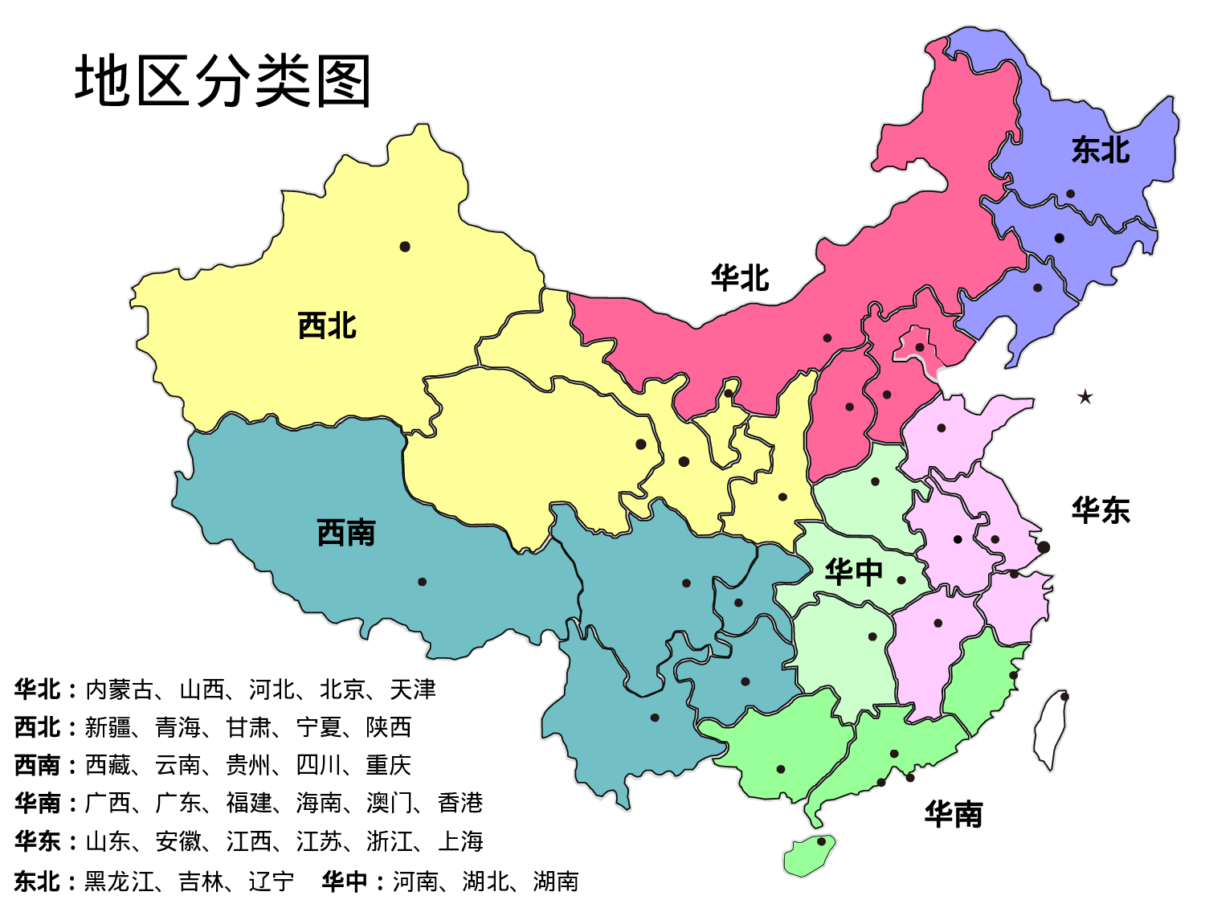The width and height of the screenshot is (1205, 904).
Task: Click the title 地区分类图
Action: [223, 81]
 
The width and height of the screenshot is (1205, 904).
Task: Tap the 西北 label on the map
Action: [327, 326]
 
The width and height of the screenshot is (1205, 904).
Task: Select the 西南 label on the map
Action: [346, 533]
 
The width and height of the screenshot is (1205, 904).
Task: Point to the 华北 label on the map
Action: [740, 279]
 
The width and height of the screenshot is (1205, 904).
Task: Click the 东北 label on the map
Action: [1101, 150]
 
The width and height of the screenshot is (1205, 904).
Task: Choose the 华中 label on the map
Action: [854, 572]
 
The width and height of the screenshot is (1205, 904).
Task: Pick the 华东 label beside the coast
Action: [1101, 511]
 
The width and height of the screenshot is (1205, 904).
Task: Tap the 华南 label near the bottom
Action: [954, 815]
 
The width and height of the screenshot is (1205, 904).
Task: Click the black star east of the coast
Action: [1085, 397]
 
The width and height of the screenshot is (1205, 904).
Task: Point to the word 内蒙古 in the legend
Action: [119, 689]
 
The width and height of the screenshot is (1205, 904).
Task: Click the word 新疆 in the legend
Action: [108, 727]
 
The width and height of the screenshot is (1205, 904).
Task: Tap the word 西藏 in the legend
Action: [108, 765]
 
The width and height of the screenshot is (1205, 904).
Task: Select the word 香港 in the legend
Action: [460, 803]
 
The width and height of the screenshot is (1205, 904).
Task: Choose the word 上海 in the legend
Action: [460, 841]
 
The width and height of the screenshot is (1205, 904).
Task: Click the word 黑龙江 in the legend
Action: [119, 882]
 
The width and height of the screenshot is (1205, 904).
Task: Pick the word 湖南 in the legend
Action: [556, 882]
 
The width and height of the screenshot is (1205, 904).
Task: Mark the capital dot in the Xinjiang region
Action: [405, 247]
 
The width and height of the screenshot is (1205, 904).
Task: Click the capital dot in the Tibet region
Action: [422, 582]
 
